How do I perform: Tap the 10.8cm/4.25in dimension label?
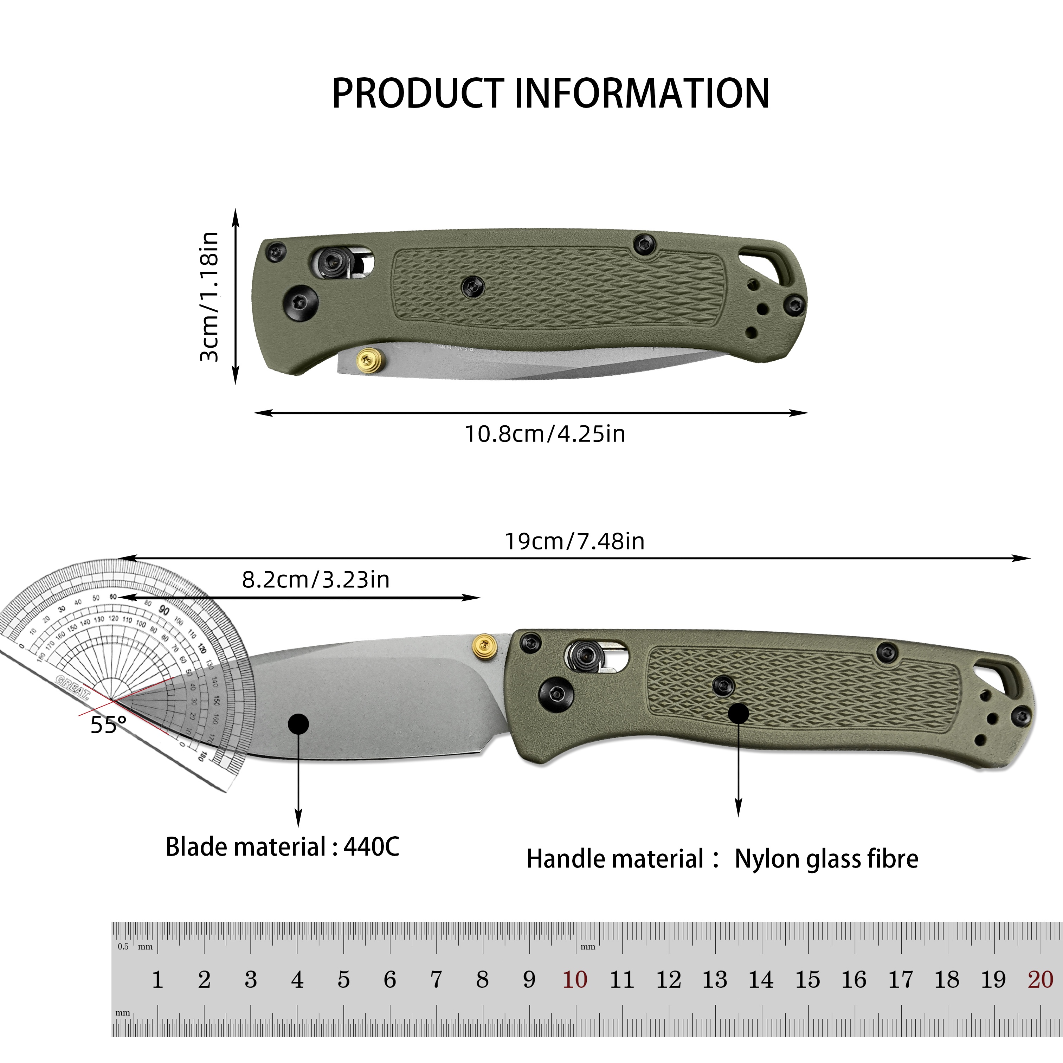point(545,434)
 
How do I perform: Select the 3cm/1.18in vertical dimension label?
point(210,297)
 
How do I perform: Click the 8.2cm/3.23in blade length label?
point(316,580)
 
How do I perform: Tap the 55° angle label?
point(108,725)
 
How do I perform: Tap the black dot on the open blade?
point(298,724)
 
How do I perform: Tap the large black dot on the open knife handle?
point(739,714)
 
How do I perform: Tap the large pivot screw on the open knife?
point(556,691)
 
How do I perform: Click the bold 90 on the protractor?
point(164,610)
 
